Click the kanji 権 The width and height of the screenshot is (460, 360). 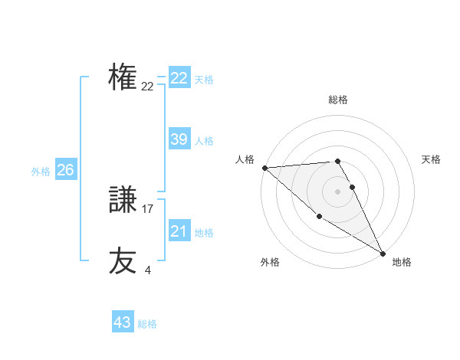(123, 78)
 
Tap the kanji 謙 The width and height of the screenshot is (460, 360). (123, 201)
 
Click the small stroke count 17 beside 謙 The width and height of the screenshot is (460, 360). (148, 208)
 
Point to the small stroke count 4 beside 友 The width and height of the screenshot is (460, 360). (147, 269)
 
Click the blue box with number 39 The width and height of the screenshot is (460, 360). (179, 139)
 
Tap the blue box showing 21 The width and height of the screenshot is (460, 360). (179, 231)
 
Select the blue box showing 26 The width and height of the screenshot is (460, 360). (65, 170)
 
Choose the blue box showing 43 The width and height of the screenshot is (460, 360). (122, 322)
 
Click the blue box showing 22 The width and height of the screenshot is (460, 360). (179, 78)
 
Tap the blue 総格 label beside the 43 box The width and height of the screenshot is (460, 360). (147, 324)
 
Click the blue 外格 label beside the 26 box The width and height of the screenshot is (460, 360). (41, 172)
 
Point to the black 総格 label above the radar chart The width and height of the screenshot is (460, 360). (338, 100)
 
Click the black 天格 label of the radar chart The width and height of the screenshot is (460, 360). (431, 159)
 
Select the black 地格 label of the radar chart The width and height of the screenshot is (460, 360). (402, 262)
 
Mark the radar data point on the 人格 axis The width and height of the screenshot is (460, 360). (264, 167)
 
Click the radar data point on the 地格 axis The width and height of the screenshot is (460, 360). (383, 253)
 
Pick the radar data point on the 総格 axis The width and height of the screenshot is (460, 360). (337, 161)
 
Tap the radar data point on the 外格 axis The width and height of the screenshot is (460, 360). (319, 217)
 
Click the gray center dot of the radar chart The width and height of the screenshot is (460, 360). (337, 191)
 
